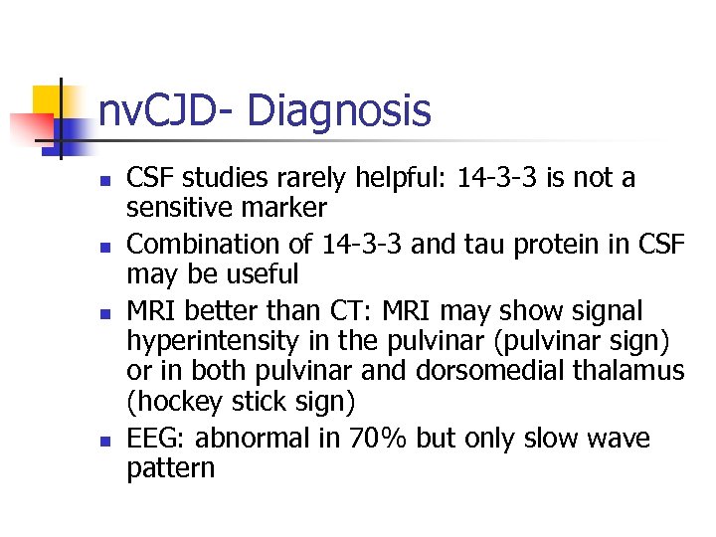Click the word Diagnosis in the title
point(339,111)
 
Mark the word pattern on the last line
point(170,467)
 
